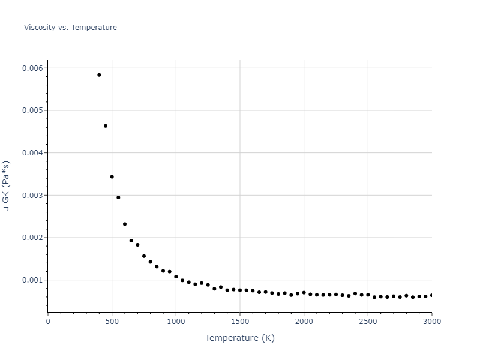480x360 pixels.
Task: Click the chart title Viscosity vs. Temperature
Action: coord(70,28)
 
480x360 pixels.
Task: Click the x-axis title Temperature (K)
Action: coord(239,338)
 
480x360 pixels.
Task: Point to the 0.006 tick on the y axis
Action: coord(32,68)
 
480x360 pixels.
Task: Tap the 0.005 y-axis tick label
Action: coord(32,110)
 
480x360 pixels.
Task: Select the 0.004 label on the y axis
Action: coord(32,153)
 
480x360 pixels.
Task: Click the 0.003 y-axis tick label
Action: coord(32,196)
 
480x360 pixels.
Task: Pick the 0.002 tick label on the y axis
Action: coord(32,238)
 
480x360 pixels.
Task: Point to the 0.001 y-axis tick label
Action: coord(32,280)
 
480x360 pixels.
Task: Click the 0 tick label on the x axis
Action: coord(48,322)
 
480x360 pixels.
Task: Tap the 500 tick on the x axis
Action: coord(112,322)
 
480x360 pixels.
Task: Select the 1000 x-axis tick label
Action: coord(176,322)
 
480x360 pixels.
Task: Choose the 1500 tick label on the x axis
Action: coord(240,322)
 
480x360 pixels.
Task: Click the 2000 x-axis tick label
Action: coord(304,322)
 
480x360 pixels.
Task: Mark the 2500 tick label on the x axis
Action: coord(368,322)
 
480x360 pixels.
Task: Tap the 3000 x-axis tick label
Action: coord(431,322)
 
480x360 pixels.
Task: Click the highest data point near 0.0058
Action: coord(99,75)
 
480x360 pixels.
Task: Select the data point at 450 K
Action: coord(106,126)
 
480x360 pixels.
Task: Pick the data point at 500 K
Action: coord(112,177)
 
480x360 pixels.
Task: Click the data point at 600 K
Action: coord(125,224)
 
